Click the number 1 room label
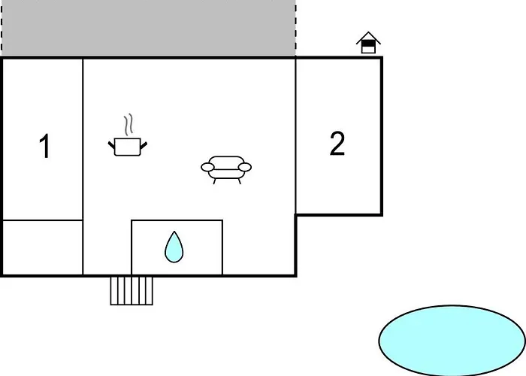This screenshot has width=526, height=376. click(45, 146)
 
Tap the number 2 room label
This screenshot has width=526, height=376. click(337, 144)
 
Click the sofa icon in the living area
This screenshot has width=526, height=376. click(226, 169)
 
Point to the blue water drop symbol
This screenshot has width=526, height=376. click(174, 247)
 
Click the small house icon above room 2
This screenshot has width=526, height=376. click(368, 43)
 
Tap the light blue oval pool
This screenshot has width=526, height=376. click(452, 340)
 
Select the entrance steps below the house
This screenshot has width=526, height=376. click(131, 291)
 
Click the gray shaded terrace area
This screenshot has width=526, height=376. click(148, 28)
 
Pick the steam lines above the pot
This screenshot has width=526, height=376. click(128, 125)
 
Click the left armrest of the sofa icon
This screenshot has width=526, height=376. click(207, 167)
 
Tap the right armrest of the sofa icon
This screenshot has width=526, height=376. click(245, 167)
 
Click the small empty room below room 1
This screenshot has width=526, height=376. click(43, 247)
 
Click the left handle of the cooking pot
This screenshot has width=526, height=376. click(111, 145)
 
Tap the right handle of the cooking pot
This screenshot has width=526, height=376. click(144, 146)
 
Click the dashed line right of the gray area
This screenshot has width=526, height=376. click(295, 28)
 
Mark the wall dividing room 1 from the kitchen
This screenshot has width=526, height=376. click(83, 167)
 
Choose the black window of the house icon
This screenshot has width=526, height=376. click(368, 44)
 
